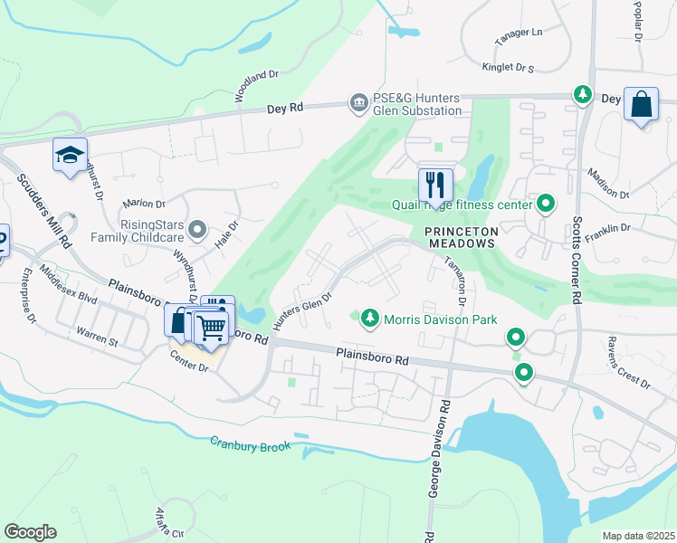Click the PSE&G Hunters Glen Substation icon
358,103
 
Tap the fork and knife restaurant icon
435,185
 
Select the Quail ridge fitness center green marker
546,204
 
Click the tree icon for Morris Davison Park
369,319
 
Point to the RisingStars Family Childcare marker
198,230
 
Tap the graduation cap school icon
70,155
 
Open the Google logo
30,531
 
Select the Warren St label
97,337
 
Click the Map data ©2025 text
638,535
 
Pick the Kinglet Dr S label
507,67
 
